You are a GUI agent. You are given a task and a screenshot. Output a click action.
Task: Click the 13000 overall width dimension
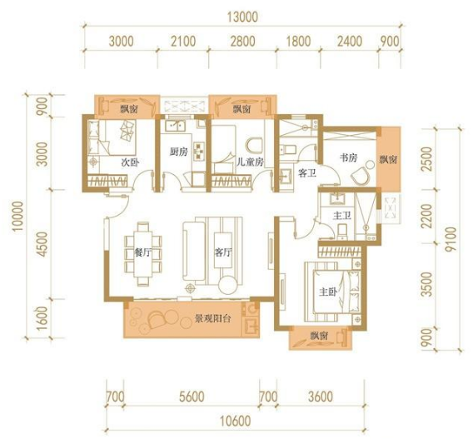(242, 17)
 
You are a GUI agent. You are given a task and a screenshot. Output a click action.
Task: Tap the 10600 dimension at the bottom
(236, 421)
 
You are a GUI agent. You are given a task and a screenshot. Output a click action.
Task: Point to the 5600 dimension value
(192, 397)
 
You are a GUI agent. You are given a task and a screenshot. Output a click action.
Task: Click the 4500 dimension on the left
(43, 244)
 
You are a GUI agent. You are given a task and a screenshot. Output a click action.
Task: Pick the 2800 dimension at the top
(242, 42)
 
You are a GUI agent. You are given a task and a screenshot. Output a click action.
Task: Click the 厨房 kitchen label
(178, 152)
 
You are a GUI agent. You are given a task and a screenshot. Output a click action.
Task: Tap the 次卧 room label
(130, 162)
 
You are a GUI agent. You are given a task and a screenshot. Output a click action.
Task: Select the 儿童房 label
(250, 162)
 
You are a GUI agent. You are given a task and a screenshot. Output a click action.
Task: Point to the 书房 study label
(349, 157)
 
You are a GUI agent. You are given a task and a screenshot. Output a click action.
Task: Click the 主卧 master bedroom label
(328, 292)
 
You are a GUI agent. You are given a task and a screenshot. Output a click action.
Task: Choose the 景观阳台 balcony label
(213, 318)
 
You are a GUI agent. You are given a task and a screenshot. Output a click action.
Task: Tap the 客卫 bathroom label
(306, 173)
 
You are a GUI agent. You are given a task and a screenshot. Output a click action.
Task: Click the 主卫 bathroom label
(342, 216)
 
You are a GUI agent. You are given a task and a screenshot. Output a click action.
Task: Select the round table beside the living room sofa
(227, 284)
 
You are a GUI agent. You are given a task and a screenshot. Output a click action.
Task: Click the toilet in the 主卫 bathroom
(342, 232)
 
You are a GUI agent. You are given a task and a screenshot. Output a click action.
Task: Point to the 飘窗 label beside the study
(389, 159)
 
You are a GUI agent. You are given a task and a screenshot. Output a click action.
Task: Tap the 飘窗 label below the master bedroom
(319, 336)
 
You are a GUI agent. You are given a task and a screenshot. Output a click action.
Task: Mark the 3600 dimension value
(321, 397)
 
